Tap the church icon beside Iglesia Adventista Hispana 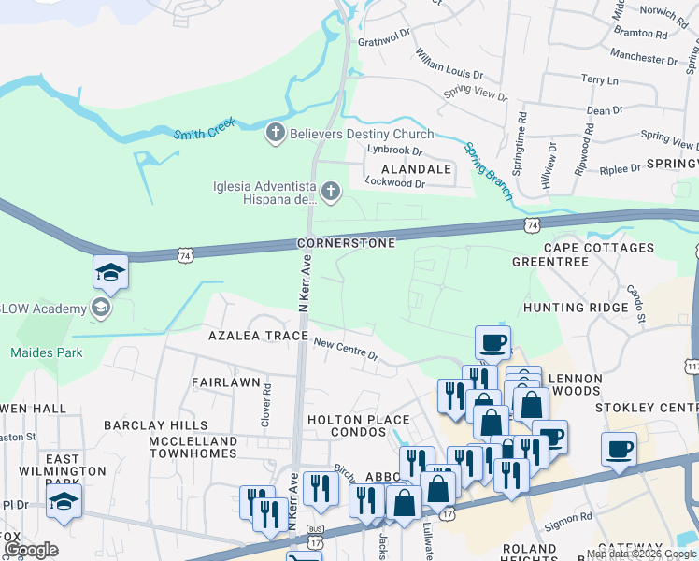331,193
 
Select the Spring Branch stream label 488,168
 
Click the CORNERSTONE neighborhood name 346,243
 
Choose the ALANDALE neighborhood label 414,169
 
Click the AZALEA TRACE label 258,335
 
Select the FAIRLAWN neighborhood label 224,382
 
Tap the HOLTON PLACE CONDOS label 359,425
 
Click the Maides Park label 47,352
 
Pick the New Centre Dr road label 346,350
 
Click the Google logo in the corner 32,549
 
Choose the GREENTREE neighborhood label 550,262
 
